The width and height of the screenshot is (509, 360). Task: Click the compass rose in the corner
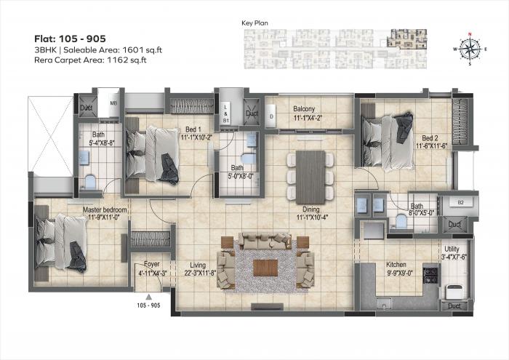pos(469,48)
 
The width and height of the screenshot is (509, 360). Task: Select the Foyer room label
pos(151,265)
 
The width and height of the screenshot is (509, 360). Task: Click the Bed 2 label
pos(430,138)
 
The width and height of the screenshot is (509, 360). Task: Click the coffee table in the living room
pos(265,267)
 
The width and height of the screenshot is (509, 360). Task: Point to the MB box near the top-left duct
pos(113,103)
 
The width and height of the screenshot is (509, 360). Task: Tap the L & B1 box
pos(225,111)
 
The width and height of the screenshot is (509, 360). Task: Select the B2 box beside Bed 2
pos(460,202)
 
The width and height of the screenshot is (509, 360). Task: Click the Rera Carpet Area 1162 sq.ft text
pos(89,60)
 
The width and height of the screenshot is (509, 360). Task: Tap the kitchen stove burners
pos(433,276)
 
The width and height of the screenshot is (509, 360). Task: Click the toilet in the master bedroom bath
pos(89,180)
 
